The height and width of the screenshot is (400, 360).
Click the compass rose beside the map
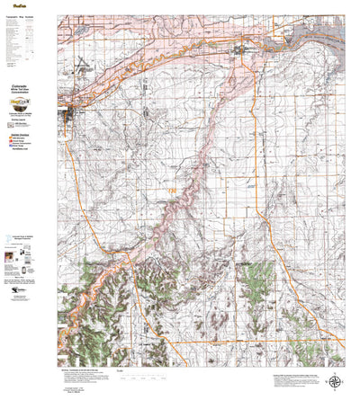coord(336,358)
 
